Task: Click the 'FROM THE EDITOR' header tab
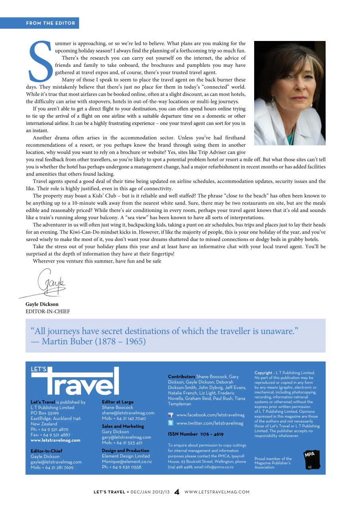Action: click(x=51, y=23)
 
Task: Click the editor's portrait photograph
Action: click(x=290, y=93)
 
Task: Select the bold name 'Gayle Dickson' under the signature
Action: click(x=42, y=304)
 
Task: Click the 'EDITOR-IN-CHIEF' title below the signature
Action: click(x=48, y=311)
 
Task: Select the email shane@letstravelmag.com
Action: click(x=128, y=413)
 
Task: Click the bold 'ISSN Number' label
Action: click(x=183, y=434)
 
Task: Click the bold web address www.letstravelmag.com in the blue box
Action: click(x=55, y=440)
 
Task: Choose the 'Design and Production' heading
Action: click(x=126, y=451)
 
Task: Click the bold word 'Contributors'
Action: click(x=181, y=376)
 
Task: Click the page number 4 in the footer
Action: click(x=177, y=492)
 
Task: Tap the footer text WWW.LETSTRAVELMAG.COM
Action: click(x=217, y=492)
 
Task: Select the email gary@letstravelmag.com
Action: click(x=126, y=437)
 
